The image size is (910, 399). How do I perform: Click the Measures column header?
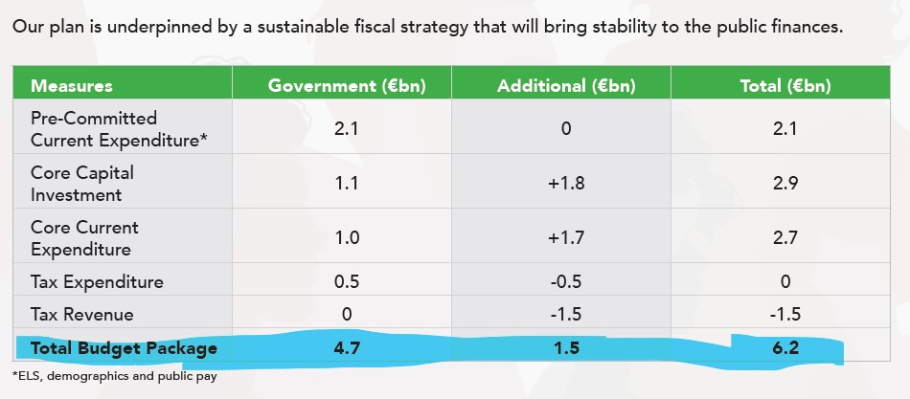coord(72,85)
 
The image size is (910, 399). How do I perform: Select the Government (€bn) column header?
coord(346,85)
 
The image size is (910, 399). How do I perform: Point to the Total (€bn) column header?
coord(785,85)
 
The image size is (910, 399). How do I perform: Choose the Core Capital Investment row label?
coord(82,184)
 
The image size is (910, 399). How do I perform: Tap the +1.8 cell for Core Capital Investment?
coord(566,184)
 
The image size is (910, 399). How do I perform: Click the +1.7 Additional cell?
coord(566,238)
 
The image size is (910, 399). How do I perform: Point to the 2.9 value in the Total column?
coord(785,184)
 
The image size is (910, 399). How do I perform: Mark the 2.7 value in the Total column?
coord(785,238)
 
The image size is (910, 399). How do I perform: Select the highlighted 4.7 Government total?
coord(346,348)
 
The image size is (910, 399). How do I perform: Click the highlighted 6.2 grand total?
coord(785,348)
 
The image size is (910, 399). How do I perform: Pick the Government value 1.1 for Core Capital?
coord(346,184)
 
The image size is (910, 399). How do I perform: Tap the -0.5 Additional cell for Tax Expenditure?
coord(566,282)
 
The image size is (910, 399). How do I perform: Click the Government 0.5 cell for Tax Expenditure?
coord(346,282)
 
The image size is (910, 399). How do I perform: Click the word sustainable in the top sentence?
coord(286,27)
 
